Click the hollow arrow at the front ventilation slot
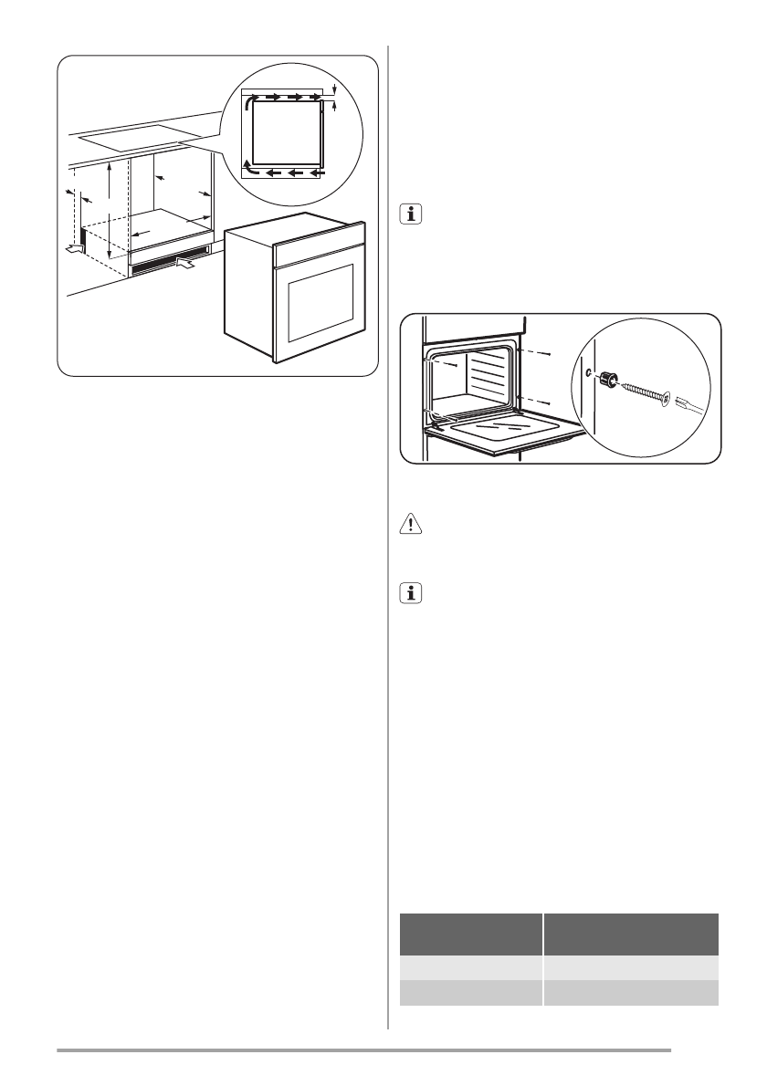pos(185,265)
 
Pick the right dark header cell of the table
pos(631,933)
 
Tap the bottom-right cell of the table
pos(631,993)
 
